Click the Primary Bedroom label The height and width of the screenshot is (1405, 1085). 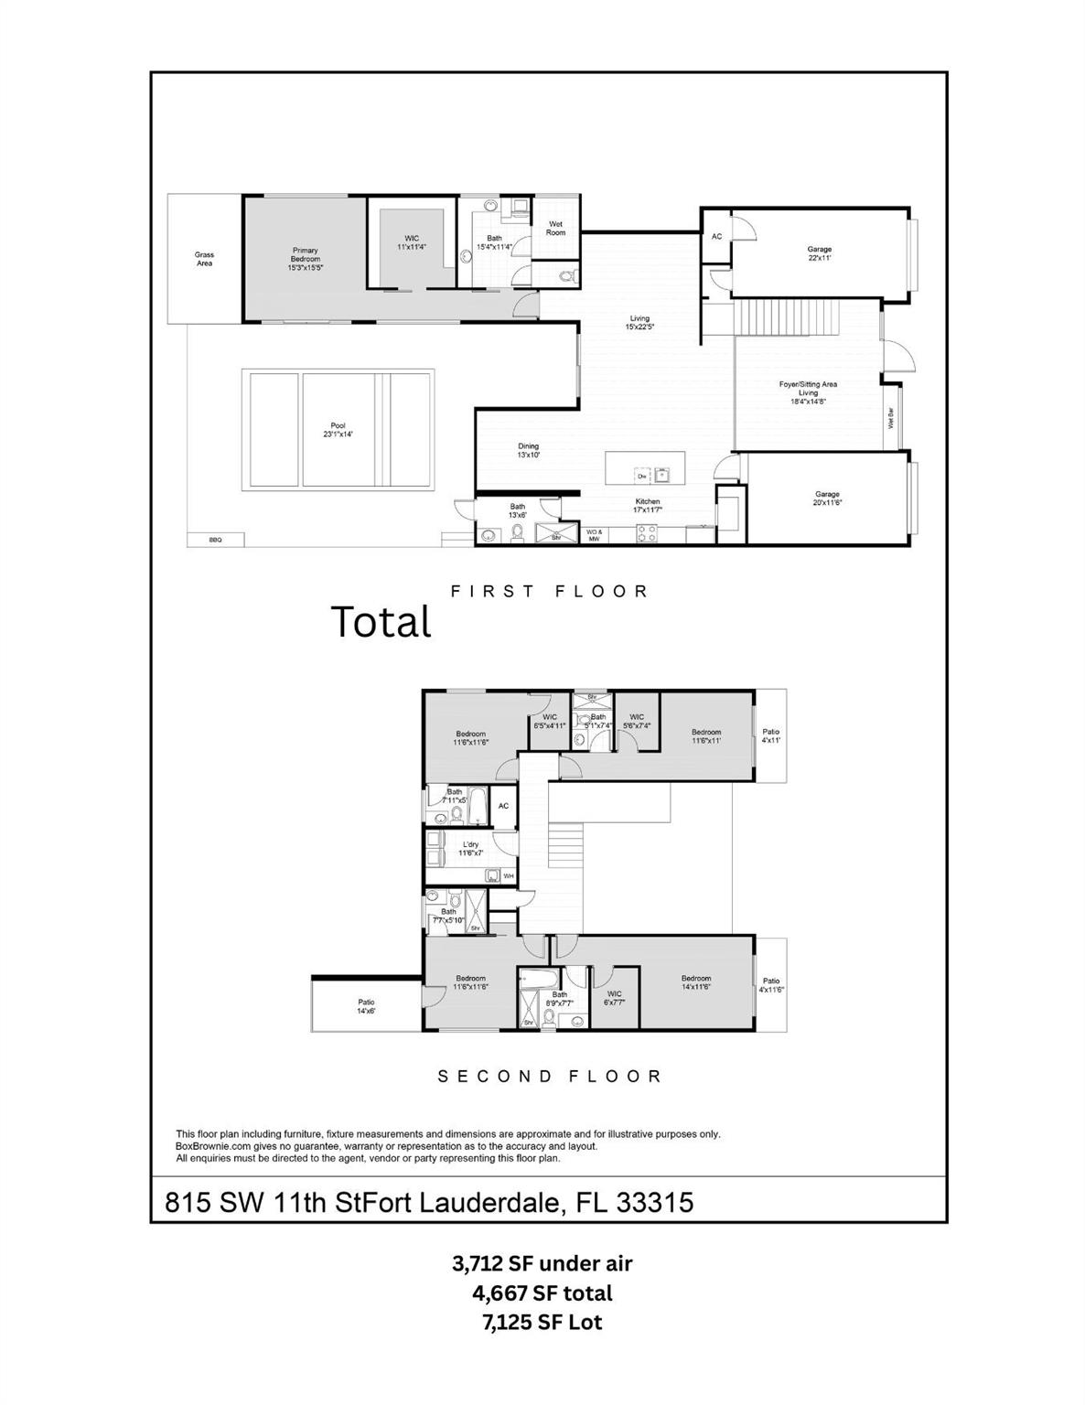tap(305, 259)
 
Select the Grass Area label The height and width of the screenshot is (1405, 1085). tap(204, 259)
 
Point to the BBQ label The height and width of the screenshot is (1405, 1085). tap(215, 540)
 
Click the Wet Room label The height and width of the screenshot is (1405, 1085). tap(555, 228)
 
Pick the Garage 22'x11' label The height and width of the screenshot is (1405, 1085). tap(819, 253)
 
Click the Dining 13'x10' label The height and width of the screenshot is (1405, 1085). tap(528, 450)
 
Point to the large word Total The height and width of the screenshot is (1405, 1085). tap(381, 622)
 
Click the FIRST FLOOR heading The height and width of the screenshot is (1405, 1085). tap(550, 592)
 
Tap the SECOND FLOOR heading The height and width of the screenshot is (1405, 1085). tap(550, 1077)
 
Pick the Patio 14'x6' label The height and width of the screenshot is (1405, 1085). tap(366, 1006)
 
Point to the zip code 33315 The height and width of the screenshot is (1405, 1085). tap(655, 1202)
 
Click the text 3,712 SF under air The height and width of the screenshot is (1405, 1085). tap(542, 1263)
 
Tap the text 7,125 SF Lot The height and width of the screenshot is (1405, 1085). tap(542, 1322)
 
